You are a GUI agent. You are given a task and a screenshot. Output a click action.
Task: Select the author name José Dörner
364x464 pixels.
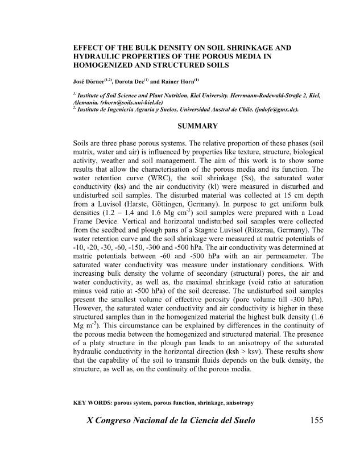[x=91, y=76]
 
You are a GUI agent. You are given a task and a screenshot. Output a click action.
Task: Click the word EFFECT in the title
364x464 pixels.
[x=90, y=49]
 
